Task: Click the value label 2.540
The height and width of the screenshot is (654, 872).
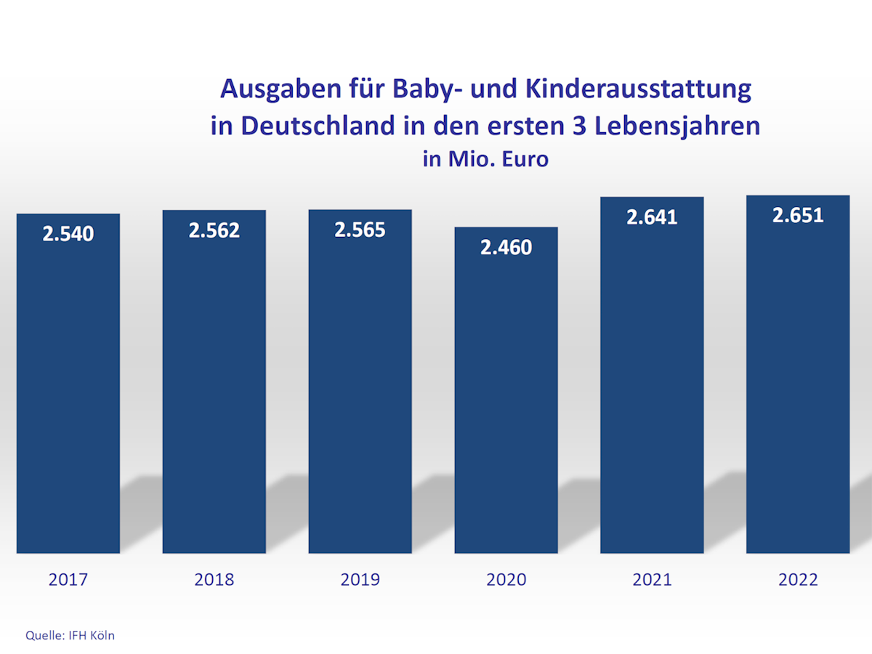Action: tap(68, 234)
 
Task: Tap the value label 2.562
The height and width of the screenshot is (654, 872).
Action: tap(214, 230)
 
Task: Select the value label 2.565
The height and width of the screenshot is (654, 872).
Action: tap(360, 230)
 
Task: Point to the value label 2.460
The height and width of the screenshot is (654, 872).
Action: tap(506, 247)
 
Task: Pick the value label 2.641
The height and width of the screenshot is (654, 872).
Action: tap(652, 217)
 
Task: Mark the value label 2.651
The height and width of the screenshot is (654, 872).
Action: tap(798, 215)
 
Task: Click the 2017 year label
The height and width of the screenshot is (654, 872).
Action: tap(68, 579)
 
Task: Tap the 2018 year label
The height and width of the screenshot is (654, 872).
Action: tap(214, 579)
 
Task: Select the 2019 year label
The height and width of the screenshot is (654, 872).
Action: tap(360, 579)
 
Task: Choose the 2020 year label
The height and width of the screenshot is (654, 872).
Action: tap(506, 579)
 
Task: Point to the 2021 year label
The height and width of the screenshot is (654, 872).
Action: tap(652, 579)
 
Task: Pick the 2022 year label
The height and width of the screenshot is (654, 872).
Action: tap(798, 579)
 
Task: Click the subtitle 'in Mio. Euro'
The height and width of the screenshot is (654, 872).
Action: tap(485, 159)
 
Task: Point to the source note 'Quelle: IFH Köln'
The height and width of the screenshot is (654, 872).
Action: tap(70, 635)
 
